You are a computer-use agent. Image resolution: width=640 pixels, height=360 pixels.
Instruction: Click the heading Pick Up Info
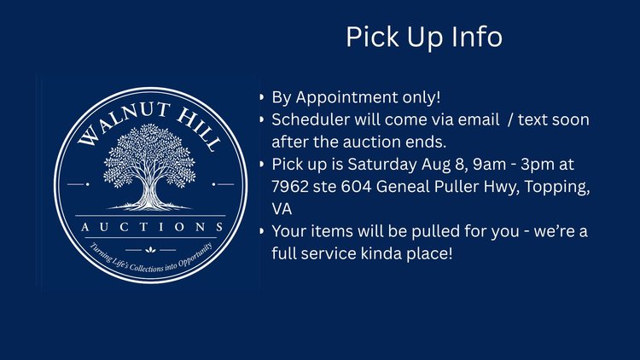tap(424, 38)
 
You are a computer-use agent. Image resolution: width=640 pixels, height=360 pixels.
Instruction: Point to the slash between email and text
tap(510, 119)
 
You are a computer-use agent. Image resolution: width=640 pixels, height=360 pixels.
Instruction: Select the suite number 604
tap(356, 187)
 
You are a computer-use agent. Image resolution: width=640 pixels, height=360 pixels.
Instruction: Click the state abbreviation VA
tap(282, 209)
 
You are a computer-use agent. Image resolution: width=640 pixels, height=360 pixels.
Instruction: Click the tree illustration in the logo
tap(150, 167)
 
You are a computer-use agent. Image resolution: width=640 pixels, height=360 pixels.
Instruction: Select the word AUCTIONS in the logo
tap(152, 227)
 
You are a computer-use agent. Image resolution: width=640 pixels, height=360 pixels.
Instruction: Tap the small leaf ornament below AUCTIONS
tap(150, 249)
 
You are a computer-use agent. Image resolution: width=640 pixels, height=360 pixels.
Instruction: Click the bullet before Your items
tap(262, 231)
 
